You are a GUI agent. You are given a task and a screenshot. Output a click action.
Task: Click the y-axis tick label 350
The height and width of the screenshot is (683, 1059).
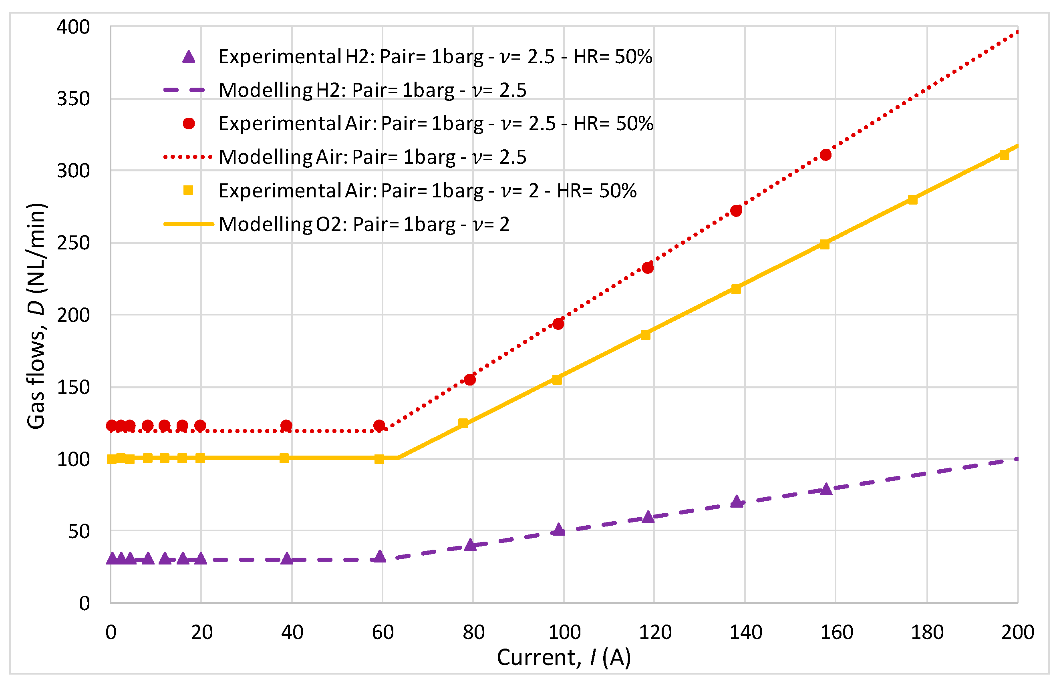pos(73,99)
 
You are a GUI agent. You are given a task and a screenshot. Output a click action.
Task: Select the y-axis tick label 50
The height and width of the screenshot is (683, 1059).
pos(79,532)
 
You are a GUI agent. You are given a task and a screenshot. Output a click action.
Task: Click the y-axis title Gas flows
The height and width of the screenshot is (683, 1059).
pos(36,316)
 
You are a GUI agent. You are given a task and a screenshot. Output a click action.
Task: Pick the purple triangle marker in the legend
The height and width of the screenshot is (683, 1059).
pos(189,57)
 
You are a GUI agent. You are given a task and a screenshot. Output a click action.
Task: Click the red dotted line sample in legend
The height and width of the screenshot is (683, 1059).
pos(188,157)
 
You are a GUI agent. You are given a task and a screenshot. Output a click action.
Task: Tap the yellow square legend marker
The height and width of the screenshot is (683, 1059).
pos(188,190)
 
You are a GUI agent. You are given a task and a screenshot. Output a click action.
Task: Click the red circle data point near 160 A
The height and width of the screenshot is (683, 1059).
pos(825,155)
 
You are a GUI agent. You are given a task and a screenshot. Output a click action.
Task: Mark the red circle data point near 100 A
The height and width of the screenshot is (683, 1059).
pos(558,324)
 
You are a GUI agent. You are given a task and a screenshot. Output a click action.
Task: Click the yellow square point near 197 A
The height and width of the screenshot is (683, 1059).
pos(1004,155)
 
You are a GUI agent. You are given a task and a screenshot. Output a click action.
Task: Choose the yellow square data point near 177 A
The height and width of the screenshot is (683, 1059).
pos(912,200)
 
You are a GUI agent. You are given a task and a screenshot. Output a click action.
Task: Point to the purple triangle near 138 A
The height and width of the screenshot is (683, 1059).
pos(737,502)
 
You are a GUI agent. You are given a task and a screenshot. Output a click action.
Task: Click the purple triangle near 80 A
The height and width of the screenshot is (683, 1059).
pos(470,545)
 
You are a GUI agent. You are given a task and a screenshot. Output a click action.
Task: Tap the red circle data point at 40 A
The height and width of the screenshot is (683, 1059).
pos(286,426)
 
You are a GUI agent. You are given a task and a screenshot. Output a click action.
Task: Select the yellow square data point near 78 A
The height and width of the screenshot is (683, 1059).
pos(463,423)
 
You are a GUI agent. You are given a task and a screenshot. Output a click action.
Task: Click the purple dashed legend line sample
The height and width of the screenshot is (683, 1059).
pos(184,90)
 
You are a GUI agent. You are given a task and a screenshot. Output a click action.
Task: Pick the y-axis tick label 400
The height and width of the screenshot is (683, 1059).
pos(73,28)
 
